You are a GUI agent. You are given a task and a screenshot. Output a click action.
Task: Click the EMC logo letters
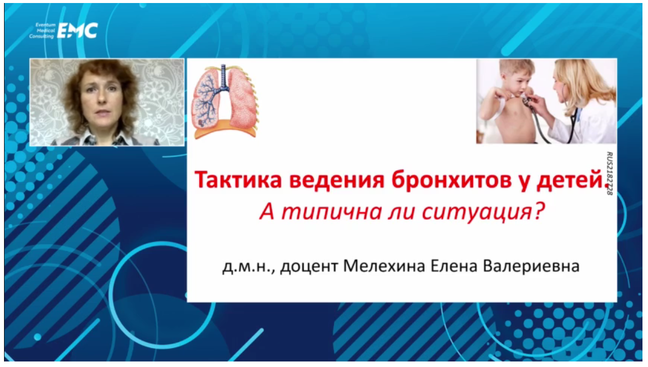tap(77, 30)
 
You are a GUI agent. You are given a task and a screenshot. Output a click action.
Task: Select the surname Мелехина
tap(384, 266)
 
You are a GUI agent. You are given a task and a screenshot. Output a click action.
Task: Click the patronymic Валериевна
tap(531, 267)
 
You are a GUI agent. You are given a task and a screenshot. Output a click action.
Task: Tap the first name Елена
tap(454, 266)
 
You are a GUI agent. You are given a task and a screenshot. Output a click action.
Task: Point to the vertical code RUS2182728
tap(609, 173)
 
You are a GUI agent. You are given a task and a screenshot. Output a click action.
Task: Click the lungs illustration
tap(225, 101)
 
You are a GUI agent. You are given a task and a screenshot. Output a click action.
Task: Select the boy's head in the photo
tap(517, 77)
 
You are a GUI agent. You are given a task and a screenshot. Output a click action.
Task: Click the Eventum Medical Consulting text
tap(42, 31)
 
